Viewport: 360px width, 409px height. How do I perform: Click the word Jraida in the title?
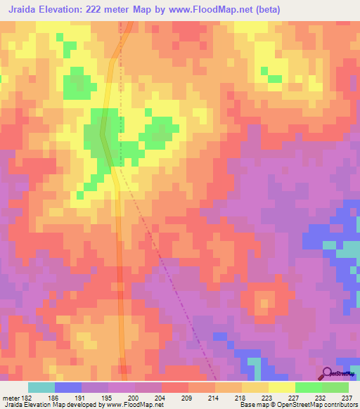coord(21,9)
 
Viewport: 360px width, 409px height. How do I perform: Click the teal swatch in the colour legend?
coord(41,387)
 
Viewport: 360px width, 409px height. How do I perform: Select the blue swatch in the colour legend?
coord(68,387)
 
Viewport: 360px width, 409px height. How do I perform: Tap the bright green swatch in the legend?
coord(309,387)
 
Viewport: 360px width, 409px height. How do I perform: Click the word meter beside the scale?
coord(9,397)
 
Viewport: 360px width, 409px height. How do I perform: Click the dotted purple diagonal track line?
coord(169,267)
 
